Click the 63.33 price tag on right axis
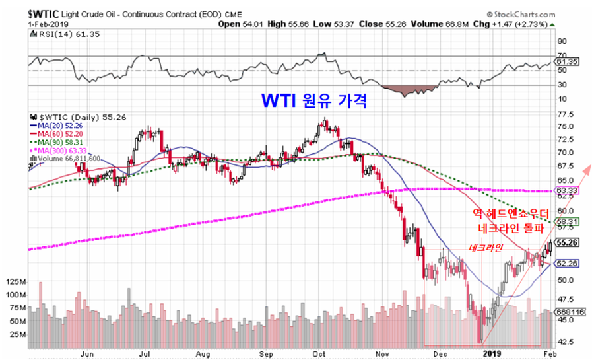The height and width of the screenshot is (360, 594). tap(568, 191)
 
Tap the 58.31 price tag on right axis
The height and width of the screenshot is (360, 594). tap(568, 221)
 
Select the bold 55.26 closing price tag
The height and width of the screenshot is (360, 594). tap(568, 242)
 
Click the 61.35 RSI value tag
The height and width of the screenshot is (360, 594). tap(568, 61)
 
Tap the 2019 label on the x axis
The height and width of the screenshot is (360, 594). tap(491, 354)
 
